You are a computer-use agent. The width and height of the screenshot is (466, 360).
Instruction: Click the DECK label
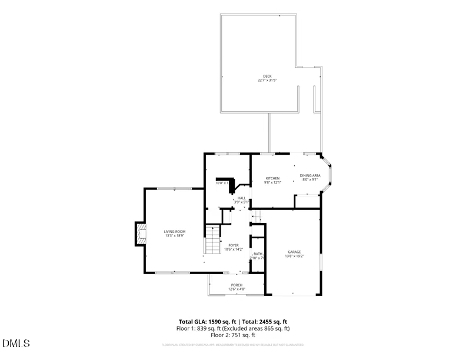pyautogui.click(x=267, y=76)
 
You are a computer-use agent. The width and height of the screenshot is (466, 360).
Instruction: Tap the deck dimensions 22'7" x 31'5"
pyautogui.click(x=267, y=80)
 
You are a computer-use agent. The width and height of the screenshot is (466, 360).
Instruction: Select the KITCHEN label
pyautogui.click(x=272, y=178)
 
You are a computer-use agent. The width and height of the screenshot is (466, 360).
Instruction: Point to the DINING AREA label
pyautogui.click(x=310, y=175)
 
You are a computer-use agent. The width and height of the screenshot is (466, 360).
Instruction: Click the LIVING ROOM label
pyautogui.click(x=175, y=232)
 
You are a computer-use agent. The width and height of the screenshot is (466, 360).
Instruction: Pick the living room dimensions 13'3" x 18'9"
pyautogui.click(x=175, y=236)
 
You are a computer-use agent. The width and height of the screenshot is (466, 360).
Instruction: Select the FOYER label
pyautogui.click(x=234, y=245)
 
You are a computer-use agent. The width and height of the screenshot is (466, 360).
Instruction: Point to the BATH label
pyautogui.click(x=258, y=254)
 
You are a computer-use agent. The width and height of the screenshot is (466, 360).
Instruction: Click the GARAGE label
pyautogui.click(x=294, y=252)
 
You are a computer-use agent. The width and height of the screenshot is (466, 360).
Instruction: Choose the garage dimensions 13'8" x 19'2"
pyautogui.click(x=294, y=256)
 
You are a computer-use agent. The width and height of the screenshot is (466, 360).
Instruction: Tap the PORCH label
pyautogui.click(x=237, y=285)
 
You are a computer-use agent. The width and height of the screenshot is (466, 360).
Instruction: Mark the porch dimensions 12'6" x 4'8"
pyautogui.click(x=237, y=289)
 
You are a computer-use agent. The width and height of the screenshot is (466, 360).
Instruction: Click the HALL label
pyautogui.click(x=241, y=198)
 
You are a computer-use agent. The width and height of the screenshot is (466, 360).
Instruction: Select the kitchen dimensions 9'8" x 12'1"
pyautogui.click(x=273, y=182)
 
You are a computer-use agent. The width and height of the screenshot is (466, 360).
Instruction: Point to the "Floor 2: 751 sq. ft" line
pyautogui.click(x=233, y=335)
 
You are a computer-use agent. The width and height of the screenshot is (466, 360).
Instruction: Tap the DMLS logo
pyautogui.click(x=16, y=343)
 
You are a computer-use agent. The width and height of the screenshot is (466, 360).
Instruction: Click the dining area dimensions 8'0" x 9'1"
pyautogui.click(x=310, y=179)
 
